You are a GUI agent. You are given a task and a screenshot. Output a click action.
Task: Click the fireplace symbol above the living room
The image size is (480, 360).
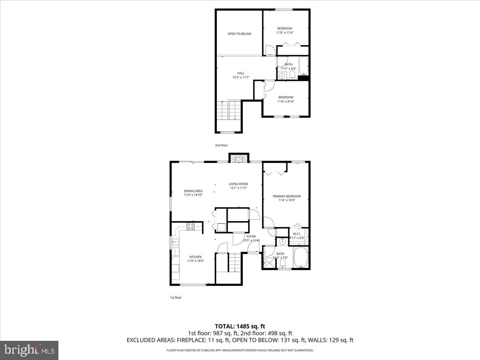tap(239, 158)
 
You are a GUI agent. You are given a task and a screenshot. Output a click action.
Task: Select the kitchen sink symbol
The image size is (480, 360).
tap(175, 241)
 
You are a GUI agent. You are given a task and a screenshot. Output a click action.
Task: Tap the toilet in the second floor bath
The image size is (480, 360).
tap(292, 75)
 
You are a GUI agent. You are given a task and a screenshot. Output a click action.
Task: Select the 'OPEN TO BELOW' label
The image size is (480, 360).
tap(239, 34)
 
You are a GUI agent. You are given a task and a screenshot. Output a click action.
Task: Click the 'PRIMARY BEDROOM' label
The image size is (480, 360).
tap(286, 196)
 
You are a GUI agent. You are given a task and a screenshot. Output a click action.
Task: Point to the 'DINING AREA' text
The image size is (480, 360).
tap(193, 191)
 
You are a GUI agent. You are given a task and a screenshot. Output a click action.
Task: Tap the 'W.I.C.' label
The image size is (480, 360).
tap(297, 234)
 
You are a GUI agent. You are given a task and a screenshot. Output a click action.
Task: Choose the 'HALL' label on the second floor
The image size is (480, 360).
tap(241, 73)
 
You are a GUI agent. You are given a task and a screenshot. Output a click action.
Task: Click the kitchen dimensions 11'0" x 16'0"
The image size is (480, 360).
tap(196, 261)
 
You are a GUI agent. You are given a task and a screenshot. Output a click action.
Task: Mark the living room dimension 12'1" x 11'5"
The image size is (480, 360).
tap(238, 188)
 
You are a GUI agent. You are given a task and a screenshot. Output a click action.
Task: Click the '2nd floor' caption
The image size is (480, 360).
tap(221, 145)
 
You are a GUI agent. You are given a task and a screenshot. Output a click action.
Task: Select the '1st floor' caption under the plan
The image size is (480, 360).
tap(176, 297)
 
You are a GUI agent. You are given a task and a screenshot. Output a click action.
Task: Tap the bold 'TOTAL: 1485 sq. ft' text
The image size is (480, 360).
tap(240, 326)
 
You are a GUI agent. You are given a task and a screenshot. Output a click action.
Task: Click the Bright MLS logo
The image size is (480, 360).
tap(29, 350)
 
